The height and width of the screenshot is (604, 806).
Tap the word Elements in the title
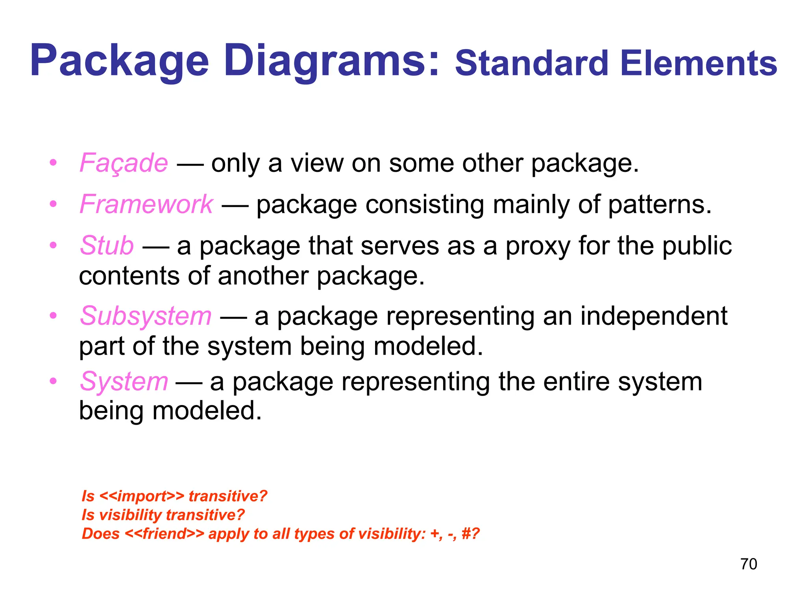[x=699, y=64]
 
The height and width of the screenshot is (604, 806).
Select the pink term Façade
[x=124, y=163]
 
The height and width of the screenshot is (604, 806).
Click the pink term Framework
[x=146, y=204]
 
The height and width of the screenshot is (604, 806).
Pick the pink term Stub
[x=107, y=246]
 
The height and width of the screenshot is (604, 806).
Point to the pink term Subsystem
[x=146, y=316]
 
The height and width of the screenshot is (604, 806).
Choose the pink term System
[x=124, y=382]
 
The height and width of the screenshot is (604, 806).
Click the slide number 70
[x=748, y=564]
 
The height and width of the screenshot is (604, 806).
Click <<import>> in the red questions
[x=142, y=496]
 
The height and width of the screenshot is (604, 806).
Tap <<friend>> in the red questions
[x=165, y=534]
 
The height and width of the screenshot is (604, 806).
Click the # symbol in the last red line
[x=466, y=534]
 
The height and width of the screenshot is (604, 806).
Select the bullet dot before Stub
[x=54, y=245]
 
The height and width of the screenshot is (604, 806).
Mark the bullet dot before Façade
[x=54, y=163]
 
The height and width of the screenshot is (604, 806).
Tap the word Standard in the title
[x=531, y=64]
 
